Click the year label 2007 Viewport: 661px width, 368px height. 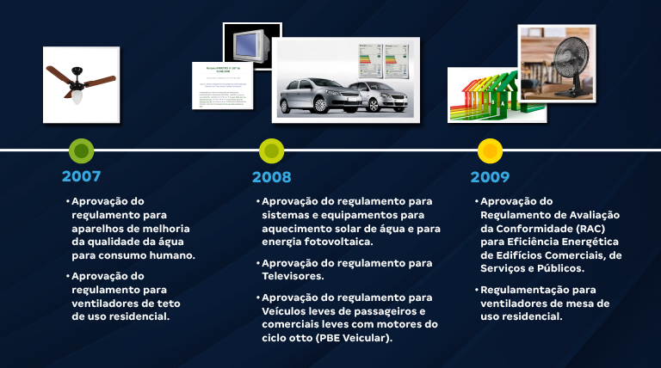point(81,176)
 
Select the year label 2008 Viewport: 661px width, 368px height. point(271,177)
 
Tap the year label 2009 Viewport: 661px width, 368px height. point(490,177)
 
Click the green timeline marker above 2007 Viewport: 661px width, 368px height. point(82,151)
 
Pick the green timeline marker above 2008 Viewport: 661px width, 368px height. point(271,151)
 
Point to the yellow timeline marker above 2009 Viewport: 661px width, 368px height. point(490,151)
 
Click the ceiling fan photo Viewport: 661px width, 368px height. point(82,83)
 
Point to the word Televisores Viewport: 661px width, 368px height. point(293,276)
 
